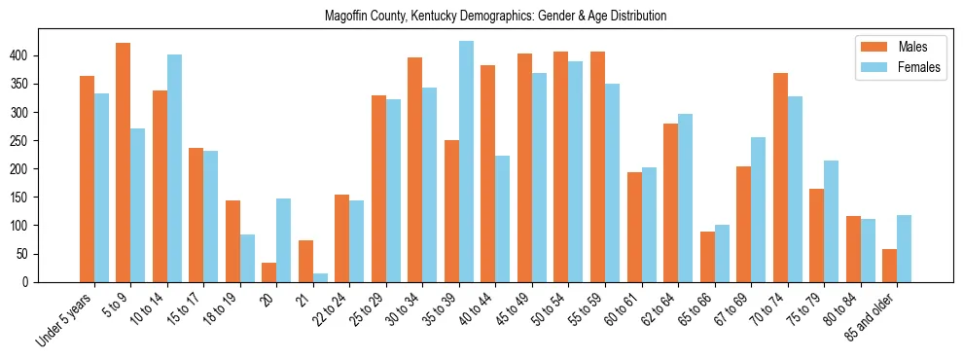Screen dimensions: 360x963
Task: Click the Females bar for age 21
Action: coord(320,277)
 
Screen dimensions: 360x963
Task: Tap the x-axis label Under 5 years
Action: coord(65,318)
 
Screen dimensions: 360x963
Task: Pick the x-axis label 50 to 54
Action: coord(549,310)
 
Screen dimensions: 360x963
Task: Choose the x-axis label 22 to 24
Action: coord(330,310)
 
